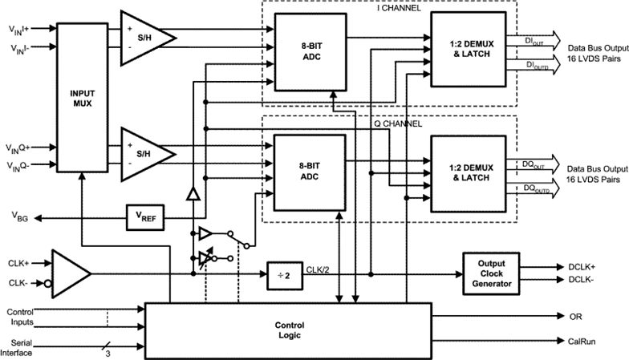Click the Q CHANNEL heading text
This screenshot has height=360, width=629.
point(401,125)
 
